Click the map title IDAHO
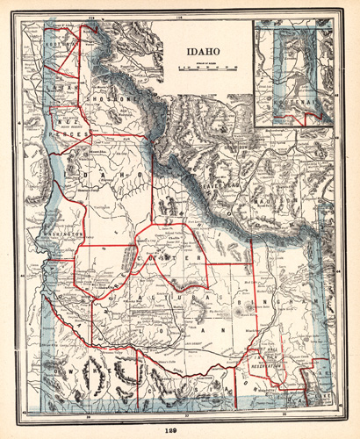click(203, 53)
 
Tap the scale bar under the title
click(203, 66)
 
